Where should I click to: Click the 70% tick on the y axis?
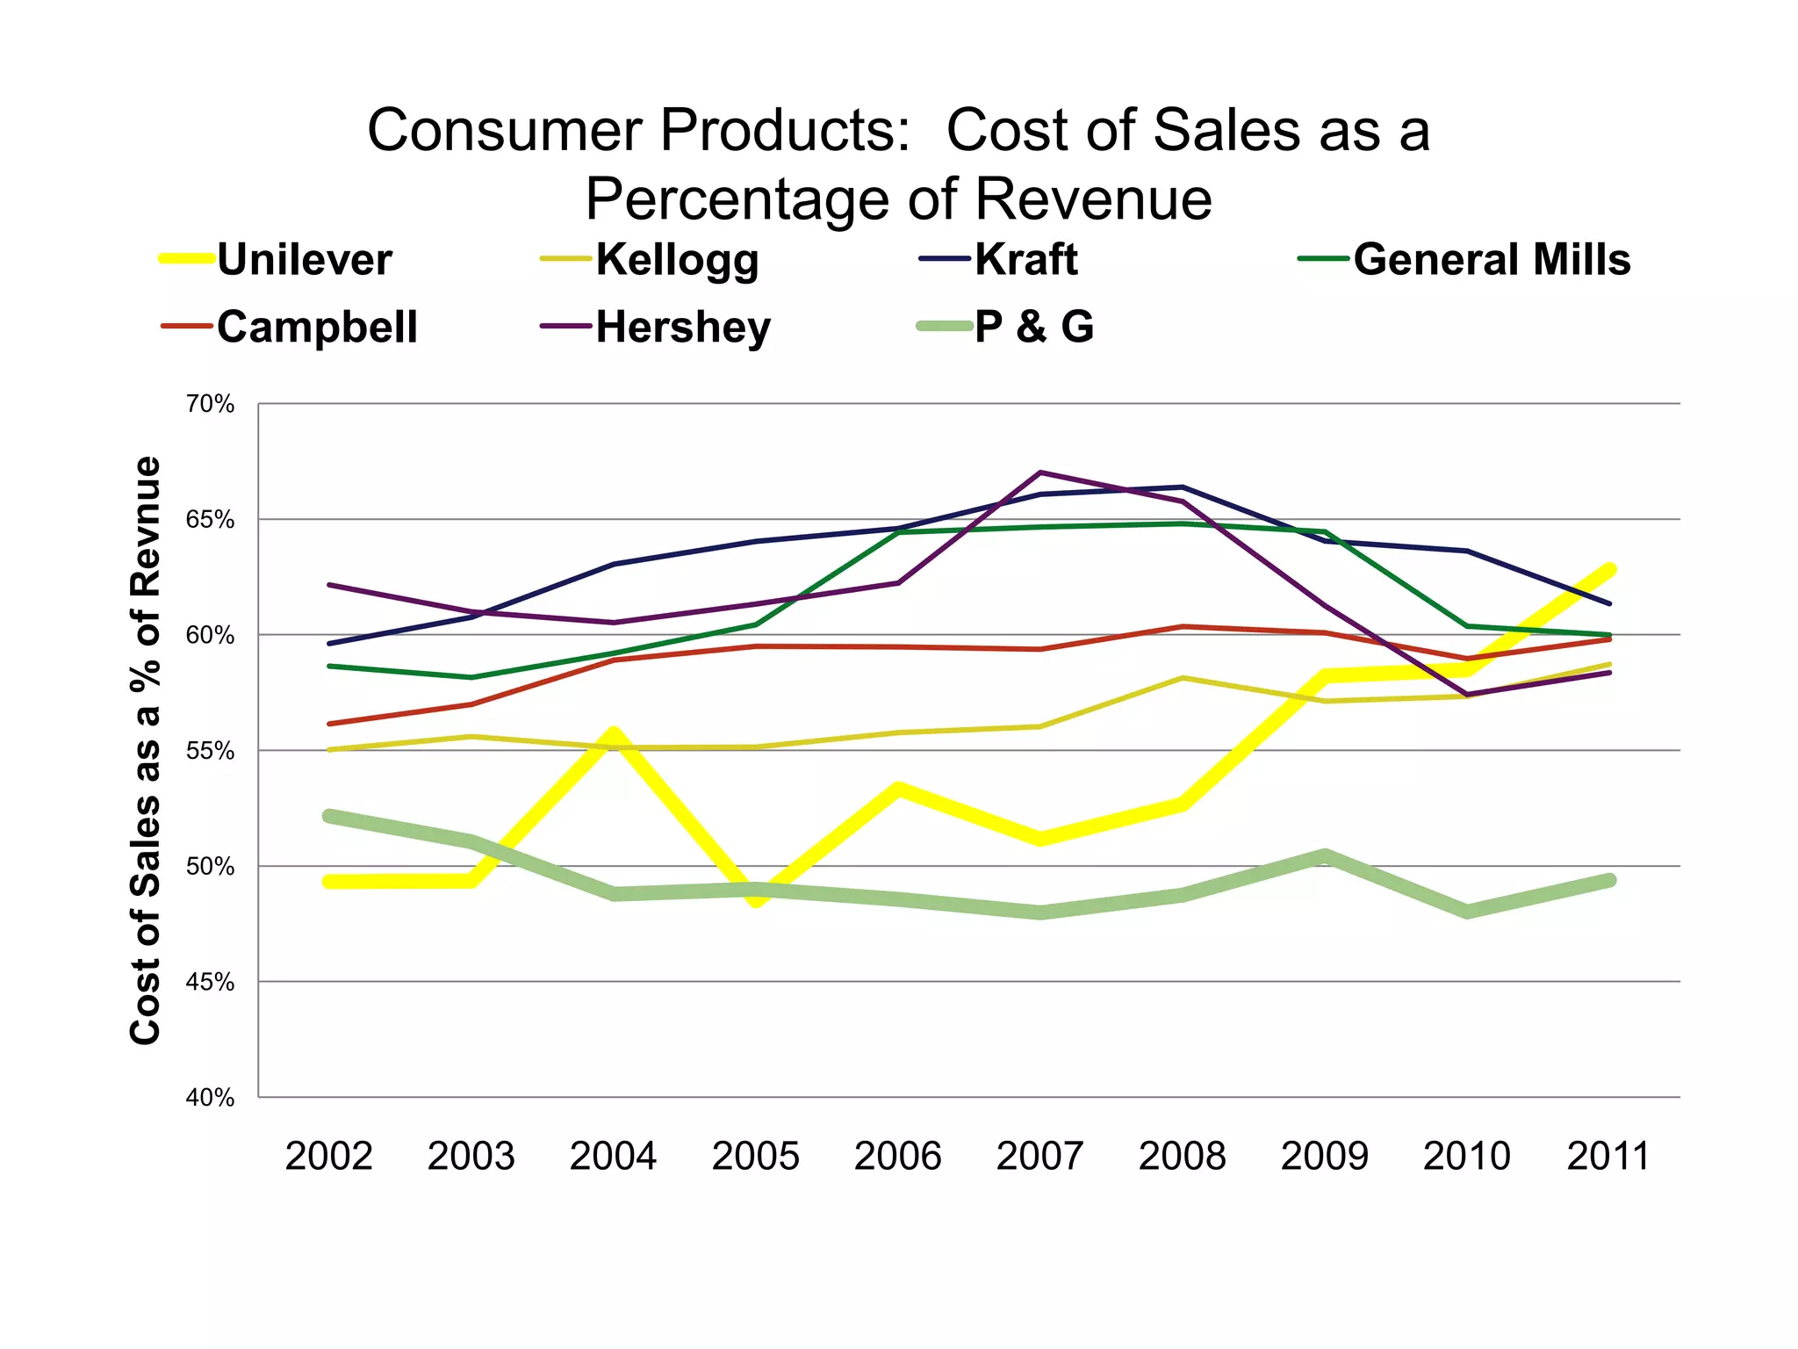coord(210,404)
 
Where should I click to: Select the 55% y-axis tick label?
coord(210,751)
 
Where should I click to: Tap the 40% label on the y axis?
coord(210,1098)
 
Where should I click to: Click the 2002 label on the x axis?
coord(329,1156)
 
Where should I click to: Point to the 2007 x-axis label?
coord(1040,1156)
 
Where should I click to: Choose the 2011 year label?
coord(1608,1156)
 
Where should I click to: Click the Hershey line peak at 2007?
coord(1040,473)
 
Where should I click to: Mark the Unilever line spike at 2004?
coord(615,733)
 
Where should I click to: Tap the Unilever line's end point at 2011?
coord(1609,570)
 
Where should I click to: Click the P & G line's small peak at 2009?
coord(1325,855)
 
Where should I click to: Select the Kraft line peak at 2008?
coord(1183,487)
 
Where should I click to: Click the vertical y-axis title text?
coord(146,751)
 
